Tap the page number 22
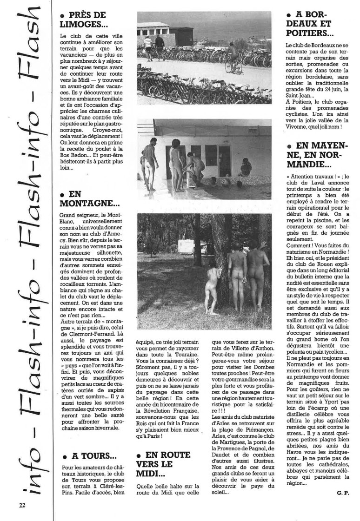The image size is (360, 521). click(22, 504)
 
